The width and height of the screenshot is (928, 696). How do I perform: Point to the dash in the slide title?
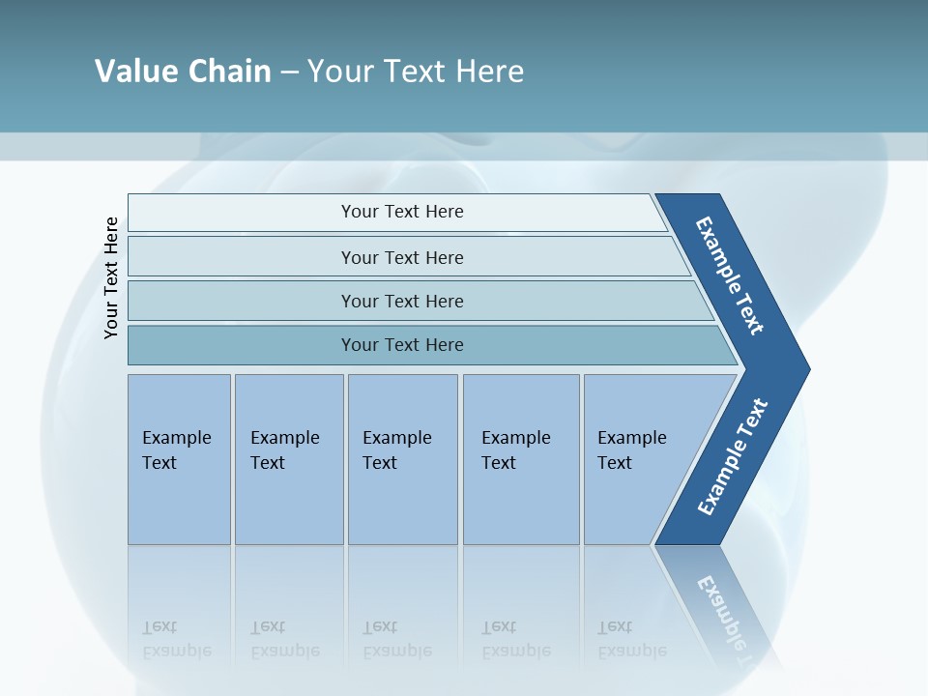coord(289,72)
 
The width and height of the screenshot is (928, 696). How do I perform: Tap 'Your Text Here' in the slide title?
coord(416,72)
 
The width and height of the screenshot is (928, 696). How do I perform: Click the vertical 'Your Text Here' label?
coord(111,278)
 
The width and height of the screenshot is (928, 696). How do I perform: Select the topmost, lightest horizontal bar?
coord(401,212)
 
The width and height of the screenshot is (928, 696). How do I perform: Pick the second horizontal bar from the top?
coord(401,257)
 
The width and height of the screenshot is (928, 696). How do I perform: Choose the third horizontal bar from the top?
coord(401,301)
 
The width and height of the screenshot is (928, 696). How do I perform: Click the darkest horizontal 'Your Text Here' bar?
coord(401,345)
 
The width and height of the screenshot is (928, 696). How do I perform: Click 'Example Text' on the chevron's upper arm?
coord(730,275)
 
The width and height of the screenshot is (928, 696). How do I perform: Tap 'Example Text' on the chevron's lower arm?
coord(732,457)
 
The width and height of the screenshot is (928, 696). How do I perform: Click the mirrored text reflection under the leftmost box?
coord(177,639)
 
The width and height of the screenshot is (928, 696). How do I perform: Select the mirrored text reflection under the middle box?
coord(397,639)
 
